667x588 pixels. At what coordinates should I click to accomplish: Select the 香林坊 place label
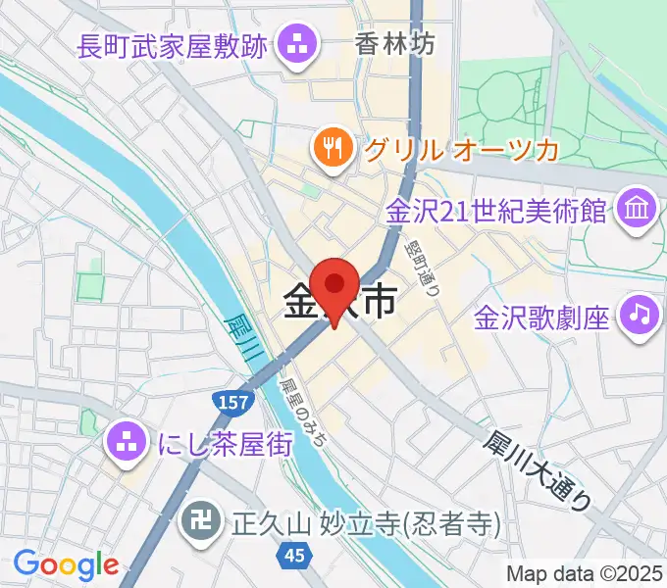(x=395, y=44)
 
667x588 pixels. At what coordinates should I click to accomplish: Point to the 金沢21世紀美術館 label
(x=496, y=211)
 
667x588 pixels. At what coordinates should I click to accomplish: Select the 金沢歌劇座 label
(x=542, y=317)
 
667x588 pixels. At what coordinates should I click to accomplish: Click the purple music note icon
(x=639, y=316)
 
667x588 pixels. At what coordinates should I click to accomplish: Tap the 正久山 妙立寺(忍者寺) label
(x=366, y=522)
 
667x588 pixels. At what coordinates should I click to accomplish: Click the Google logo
(x=66, y=565)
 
